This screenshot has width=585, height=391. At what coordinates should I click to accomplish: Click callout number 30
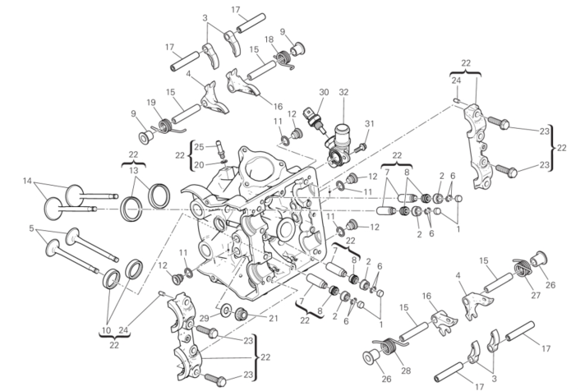tap(323, 92)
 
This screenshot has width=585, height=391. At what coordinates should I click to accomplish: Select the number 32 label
tap(343, 92)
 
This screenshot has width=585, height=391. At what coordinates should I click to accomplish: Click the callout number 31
tap(369, 124)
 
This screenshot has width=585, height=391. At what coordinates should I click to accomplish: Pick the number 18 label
tap(269, 39)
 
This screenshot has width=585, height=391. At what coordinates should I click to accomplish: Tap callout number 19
tap(150, 102)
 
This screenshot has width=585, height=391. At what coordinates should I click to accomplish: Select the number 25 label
tap(199, 147)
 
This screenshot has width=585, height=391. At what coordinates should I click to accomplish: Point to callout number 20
tap(199, 164)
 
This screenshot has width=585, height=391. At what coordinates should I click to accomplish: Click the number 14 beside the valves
tap(27, 181)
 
